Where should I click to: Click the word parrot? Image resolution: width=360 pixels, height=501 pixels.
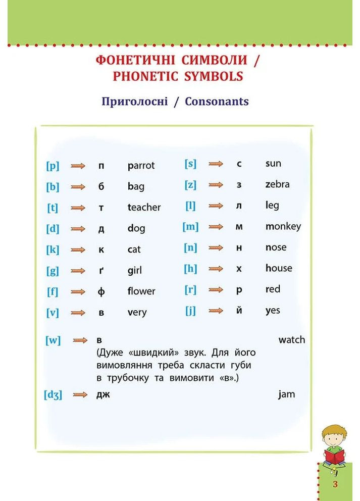click(x=141, y=166)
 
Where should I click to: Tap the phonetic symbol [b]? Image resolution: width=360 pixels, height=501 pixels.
click(x=53, y=187)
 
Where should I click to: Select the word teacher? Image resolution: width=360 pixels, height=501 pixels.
click(x=144, y=207)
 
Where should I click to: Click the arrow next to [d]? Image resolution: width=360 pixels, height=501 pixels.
click(x=78, y=229)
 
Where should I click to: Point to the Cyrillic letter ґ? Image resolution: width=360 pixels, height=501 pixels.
click(x=101, y=271)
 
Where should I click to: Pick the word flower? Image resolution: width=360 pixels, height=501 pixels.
click(x=141, y=291)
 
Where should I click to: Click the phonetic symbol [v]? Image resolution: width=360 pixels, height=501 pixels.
click(x=53, y=313)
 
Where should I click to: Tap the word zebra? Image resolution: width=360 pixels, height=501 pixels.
click(x=278, y=184)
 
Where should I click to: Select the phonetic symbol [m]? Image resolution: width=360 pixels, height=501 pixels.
click(x=191, y=227)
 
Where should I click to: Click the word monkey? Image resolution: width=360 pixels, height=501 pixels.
click(x=283, y=226)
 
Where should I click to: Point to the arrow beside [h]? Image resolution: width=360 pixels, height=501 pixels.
click(x=216, y=269)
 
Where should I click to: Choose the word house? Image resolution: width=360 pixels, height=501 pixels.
click(x=279, y=268)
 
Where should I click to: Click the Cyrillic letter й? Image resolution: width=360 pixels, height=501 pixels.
click(x=239, y=311)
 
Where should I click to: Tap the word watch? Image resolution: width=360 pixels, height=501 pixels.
click(x=292, y=340)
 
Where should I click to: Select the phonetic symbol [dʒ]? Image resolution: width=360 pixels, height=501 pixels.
click(x=53, y=395)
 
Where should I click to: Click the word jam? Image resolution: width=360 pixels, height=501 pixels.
click(x=286, y=394)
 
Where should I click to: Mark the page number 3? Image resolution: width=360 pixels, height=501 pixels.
click(x=335, y=484)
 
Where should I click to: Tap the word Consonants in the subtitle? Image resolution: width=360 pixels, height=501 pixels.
click(x=217, y=101)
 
